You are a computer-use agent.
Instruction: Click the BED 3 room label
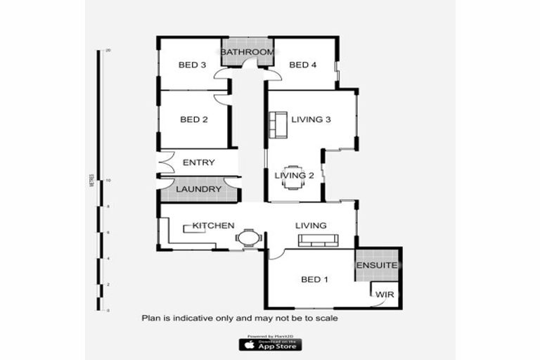[x=192, y=65]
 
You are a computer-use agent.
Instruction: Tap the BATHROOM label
[x=247, y=53]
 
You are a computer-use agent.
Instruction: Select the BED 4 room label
[x=303, y=65]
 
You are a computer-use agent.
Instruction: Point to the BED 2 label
[x=194, y=120]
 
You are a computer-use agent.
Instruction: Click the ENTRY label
[x=198, y=162]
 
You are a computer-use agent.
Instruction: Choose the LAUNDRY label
[x=198, y=189]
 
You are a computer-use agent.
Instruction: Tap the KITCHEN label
[x=213, y=226]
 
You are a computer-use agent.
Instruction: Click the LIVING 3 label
[x=311, y=120]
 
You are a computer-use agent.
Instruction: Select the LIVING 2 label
[x=294, y=175]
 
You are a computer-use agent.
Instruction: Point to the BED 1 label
[x=315, y=280]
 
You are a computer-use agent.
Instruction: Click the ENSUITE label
[x=377, y=266]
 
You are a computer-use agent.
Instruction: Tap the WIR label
[x=384, y=294]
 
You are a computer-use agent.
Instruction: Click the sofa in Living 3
[x=277, y=124]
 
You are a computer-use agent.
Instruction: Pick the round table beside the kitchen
[x=248, y=238]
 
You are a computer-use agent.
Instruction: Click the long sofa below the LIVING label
[x=319, y=240]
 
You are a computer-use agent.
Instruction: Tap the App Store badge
[x=270, y=345]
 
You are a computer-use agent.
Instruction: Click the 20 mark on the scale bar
[x=108, y=51]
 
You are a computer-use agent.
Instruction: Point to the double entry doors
[x=165, y=163]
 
